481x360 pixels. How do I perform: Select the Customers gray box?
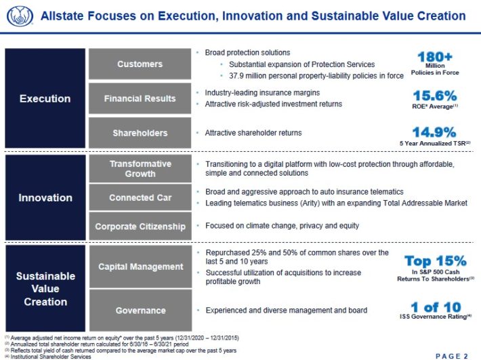pos(140,64)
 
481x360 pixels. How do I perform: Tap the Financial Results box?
pos(140,99)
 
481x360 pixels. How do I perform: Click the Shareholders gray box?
pos(140,133)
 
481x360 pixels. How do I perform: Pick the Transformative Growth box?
pos(140,169)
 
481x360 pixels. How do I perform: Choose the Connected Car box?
pos(140,198)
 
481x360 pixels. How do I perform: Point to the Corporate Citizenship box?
pos(140,226)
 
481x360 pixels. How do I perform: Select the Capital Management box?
pos(140,267)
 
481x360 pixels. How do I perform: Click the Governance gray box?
pos(140,311)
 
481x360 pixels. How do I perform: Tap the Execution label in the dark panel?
pos(45,99)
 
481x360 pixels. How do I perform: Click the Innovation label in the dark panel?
pos(45,198)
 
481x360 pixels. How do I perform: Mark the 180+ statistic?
pos(435,56)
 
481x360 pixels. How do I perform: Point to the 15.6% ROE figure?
pos(435,96)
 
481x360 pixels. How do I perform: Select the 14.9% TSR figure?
pos(435,132)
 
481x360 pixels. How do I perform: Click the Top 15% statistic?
pos(435,261)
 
